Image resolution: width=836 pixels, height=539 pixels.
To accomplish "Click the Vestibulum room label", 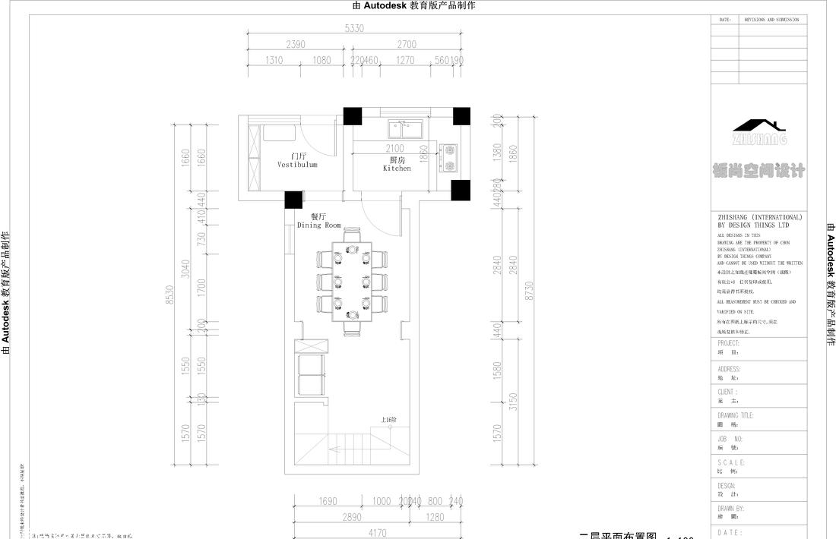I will (x=296, y=164).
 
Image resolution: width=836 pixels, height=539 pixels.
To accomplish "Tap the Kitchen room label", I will (x=397, y=168).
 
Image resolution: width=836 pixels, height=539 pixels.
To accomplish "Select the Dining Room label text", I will (x=319, y=225).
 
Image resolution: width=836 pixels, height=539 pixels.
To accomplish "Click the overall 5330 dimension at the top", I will (x=354, y=29).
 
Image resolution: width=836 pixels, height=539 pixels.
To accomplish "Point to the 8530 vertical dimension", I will (x=170, y=294).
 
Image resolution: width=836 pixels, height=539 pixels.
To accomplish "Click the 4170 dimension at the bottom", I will (x=377, y=533).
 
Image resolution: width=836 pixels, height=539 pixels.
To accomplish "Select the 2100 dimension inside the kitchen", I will (x=394, y=149).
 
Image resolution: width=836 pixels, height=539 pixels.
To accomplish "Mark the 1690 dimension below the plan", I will (x=328, y=501).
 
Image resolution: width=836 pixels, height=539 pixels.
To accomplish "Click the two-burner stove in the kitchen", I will (x=449, y=158).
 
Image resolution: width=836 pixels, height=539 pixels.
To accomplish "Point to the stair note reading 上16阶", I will (x=389, y=420).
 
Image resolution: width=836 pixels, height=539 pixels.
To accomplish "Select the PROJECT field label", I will (x=728, y=343).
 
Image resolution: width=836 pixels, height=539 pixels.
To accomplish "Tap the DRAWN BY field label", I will (x=731, y=509).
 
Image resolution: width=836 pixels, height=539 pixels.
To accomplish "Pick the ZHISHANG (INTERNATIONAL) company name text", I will (x=759, y=217).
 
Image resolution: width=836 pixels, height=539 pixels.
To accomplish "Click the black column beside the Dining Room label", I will (x=293, y=199).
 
